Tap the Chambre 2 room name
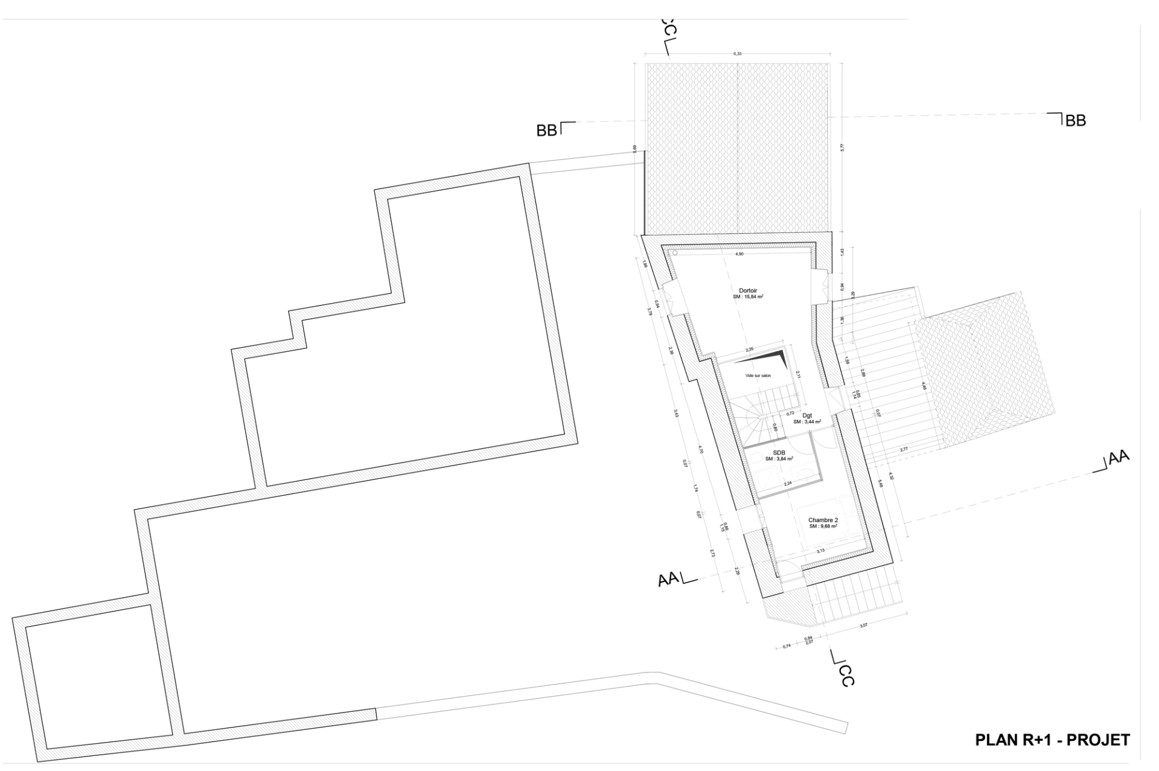click(823, 520)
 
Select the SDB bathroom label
click(779, 452)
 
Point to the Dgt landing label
click(807, 415)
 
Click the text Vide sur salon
click(758, 376)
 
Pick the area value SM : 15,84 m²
click(748, 296)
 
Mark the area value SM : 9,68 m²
click(823, 526)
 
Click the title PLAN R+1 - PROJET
click(1052, 740)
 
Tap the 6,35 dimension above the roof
click(737, 54)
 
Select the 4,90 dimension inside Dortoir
click(739, 254)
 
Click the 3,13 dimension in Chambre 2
click(820, 551)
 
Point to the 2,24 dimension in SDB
click(788, 484)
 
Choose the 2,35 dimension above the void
click(749, 350)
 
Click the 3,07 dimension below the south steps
click(863, 625)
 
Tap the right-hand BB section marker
click(1069, 120)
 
